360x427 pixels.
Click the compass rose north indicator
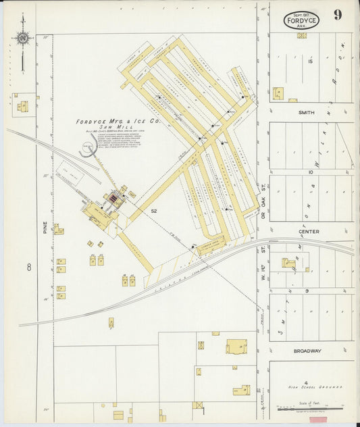(23, 39)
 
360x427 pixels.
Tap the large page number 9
(337, 15)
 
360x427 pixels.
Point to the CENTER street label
(309, 232)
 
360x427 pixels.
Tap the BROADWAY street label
(307, 351)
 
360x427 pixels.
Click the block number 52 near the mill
(154, 211)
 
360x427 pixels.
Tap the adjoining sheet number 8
(29, 268)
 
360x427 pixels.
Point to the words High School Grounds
(311, 387)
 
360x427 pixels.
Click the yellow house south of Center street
(289, 263)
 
